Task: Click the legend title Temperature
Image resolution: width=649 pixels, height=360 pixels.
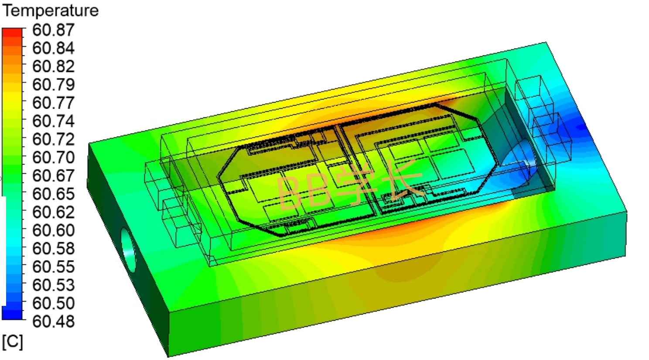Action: point(51,11)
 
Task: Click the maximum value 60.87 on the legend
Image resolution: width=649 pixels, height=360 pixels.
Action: point(53,30)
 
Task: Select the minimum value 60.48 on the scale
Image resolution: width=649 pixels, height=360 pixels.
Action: point(53,322)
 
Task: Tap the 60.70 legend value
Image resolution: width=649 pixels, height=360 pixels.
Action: point(53,158)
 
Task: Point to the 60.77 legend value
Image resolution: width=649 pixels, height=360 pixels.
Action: point(53,103)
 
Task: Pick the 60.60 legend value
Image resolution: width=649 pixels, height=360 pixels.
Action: point(53,230)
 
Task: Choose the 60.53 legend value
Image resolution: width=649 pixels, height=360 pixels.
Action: point(53,285)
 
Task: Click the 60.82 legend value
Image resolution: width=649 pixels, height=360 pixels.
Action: point(53,66)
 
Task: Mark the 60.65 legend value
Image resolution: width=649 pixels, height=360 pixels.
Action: point(53,194)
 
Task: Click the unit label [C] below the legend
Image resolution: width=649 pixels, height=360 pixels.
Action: point(13,342)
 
